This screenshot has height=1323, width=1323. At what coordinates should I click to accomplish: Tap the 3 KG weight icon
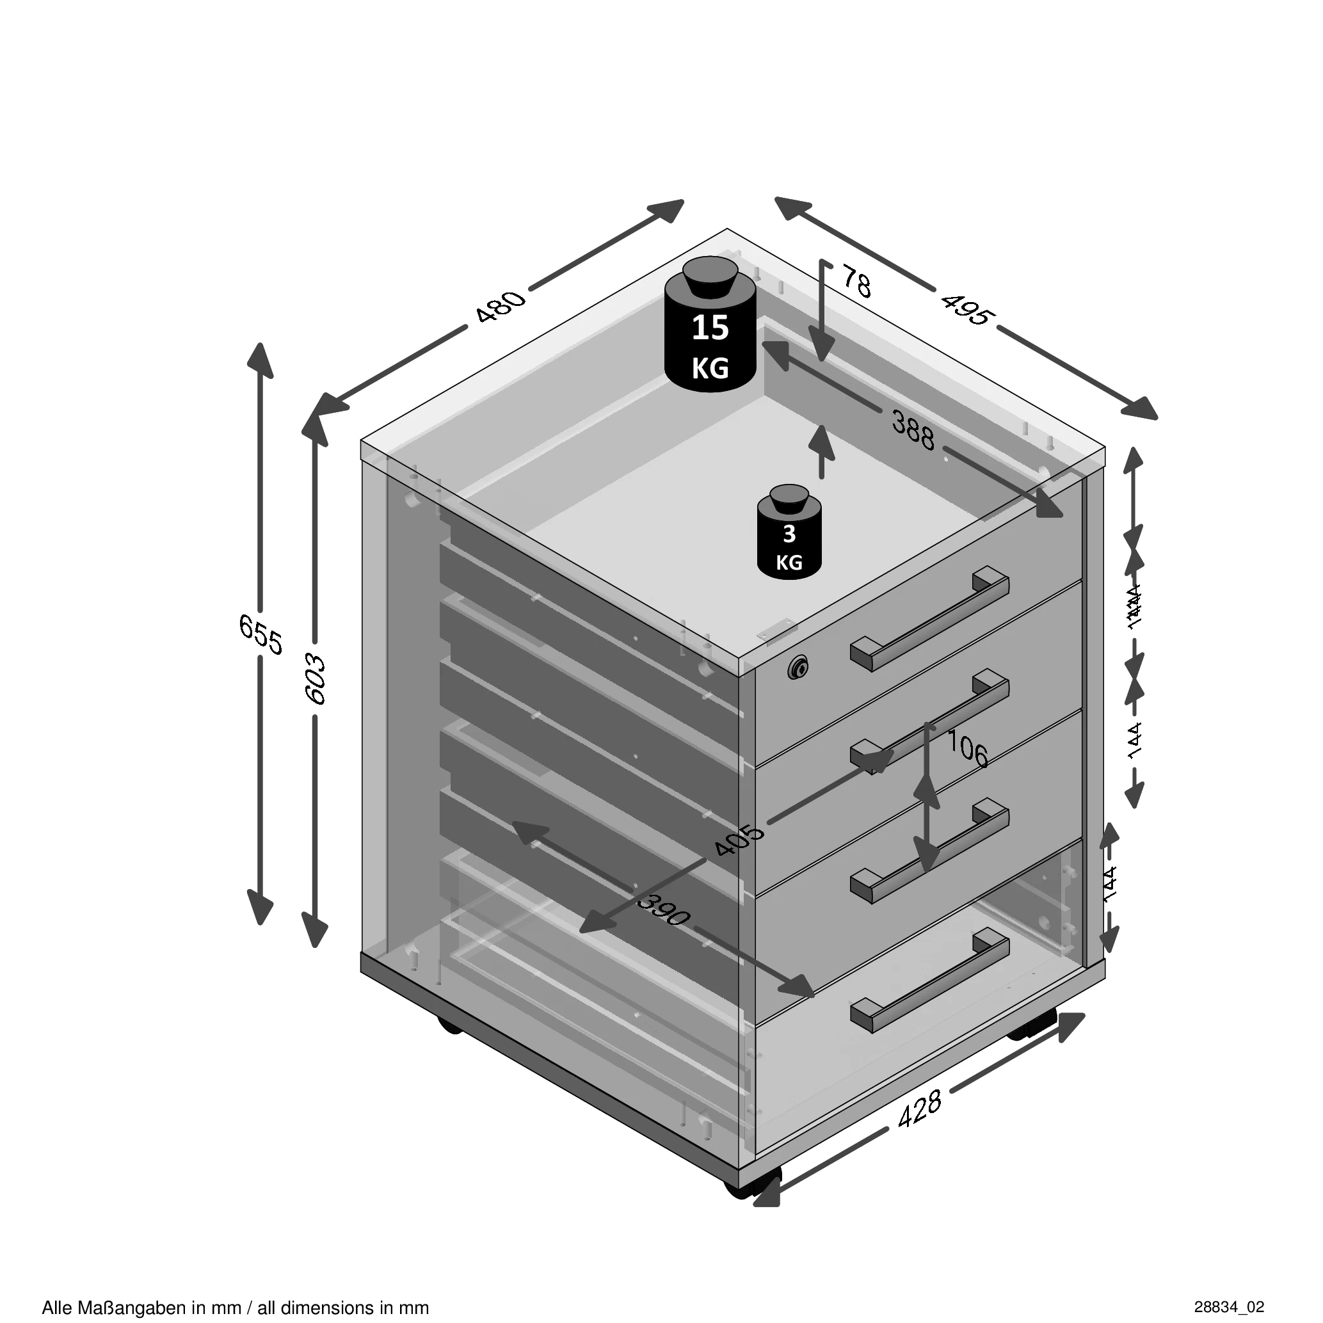(x=789, y=533)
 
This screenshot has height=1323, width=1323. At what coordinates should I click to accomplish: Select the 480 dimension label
(x=501, y=306)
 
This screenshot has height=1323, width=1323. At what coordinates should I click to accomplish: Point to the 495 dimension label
(x=966, y=309)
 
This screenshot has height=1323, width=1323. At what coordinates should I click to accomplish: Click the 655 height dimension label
(x=261, y=634)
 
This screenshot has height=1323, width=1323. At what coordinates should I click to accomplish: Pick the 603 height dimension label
(x=316, y=678)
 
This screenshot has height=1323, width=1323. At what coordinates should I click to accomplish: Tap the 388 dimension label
(x=913, y=429)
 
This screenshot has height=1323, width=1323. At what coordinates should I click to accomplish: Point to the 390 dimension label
(x=663, y=911)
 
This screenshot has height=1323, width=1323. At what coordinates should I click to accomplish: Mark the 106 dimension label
(x=967, y=748)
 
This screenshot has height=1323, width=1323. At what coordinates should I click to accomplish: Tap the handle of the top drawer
(x=930, y=618)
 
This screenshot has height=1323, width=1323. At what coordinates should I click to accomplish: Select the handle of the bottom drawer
(x=930, y=980)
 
